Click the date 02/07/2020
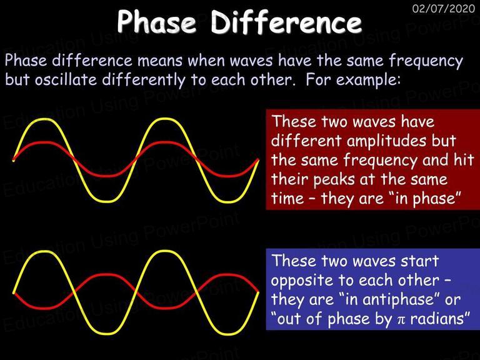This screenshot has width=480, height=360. tap(443, 8)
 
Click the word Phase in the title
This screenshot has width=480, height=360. tap(156, 21)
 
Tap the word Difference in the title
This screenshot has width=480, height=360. tap(286, 21)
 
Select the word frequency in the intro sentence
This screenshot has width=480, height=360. tap(426, 61)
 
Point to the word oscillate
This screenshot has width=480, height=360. tap(66, 79)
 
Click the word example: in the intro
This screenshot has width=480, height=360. tap(368, 81)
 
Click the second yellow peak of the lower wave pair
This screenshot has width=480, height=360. tap(165, 252)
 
